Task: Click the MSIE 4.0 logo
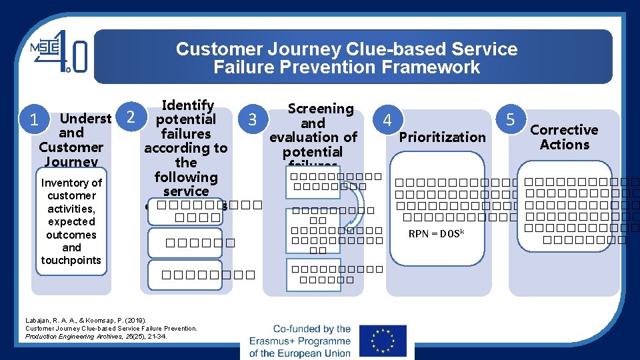58,52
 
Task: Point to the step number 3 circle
253,120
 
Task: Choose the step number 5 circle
511,120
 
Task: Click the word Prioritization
442,137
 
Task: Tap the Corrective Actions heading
564,137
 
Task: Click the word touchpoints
71,261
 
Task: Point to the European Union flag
382,341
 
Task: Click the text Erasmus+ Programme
300,341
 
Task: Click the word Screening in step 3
320,109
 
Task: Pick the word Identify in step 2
188,105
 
